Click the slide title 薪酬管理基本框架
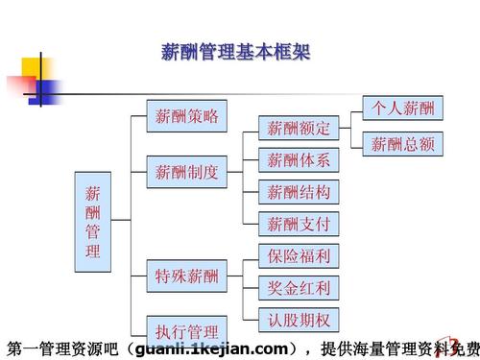234,51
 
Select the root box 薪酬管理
93,216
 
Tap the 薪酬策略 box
187,117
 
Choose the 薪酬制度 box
187,174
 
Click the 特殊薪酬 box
187,277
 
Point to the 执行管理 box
187,327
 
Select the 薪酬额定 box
299,128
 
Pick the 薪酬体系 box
299,159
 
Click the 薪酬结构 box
299,192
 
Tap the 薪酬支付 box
299,225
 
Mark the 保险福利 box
299,256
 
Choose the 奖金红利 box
299,288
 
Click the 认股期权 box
299,320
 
